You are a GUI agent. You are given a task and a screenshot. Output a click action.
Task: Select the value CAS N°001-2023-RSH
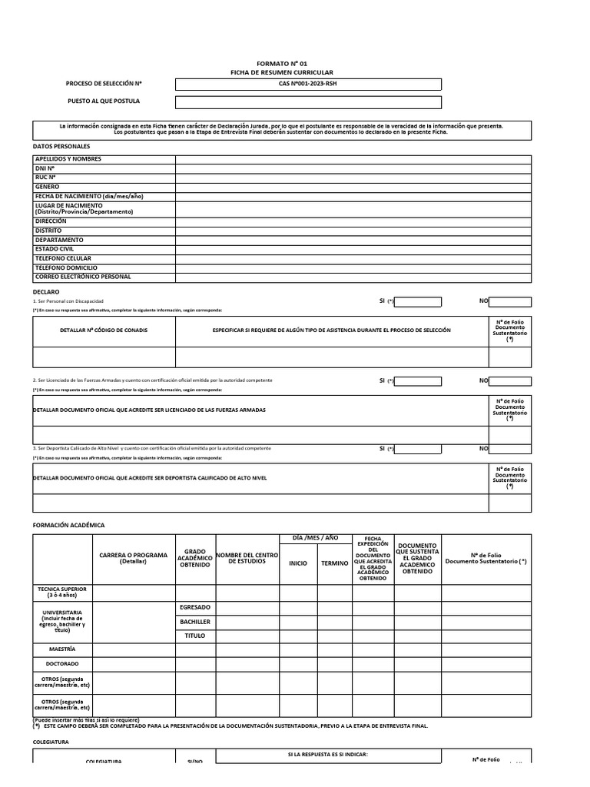click(308, 84)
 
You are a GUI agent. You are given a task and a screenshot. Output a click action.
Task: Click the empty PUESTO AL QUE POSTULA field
click(308, 102)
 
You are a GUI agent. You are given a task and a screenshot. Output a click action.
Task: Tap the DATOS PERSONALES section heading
click(61, 146)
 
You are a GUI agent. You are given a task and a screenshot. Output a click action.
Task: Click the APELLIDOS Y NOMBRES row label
click(68, 159)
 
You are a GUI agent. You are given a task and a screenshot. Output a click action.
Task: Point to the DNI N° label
click(45, 168)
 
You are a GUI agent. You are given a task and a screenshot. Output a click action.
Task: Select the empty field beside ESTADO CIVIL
click(353, 249)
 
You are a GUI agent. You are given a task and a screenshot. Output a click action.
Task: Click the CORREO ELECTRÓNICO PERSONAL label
click(83, 277)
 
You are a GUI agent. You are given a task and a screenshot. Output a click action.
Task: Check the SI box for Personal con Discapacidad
click(418, 302)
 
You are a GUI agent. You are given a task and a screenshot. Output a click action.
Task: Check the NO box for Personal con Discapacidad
click(509, 302)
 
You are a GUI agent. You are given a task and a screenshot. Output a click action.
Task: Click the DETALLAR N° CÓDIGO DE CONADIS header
click(104, 330)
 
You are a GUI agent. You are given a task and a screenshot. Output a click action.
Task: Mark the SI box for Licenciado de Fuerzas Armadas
click(418, 381)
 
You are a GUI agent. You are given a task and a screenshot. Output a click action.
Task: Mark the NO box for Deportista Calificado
click(509, 449)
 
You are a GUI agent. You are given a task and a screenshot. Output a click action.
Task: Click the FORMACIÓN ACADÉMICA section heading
click(68, 525)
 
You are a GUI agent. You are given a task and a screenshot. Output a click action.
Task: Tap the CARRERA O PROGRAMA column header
click(134, 558)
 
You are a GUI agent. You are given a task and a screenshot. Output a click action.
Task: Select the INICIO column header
click(297, 563)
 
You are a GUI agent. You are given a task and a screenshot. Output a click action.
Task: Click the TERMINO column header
click(335, 563)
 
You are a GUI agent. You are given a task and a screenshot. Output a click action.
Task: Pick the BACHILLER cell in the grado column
click(195, 622)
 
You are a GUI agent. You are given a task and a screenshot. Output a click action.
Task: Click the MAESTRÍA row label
click(61, 649)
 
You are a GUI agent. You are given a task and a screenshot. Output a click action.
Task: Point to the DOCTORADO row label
click(62, 664)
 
